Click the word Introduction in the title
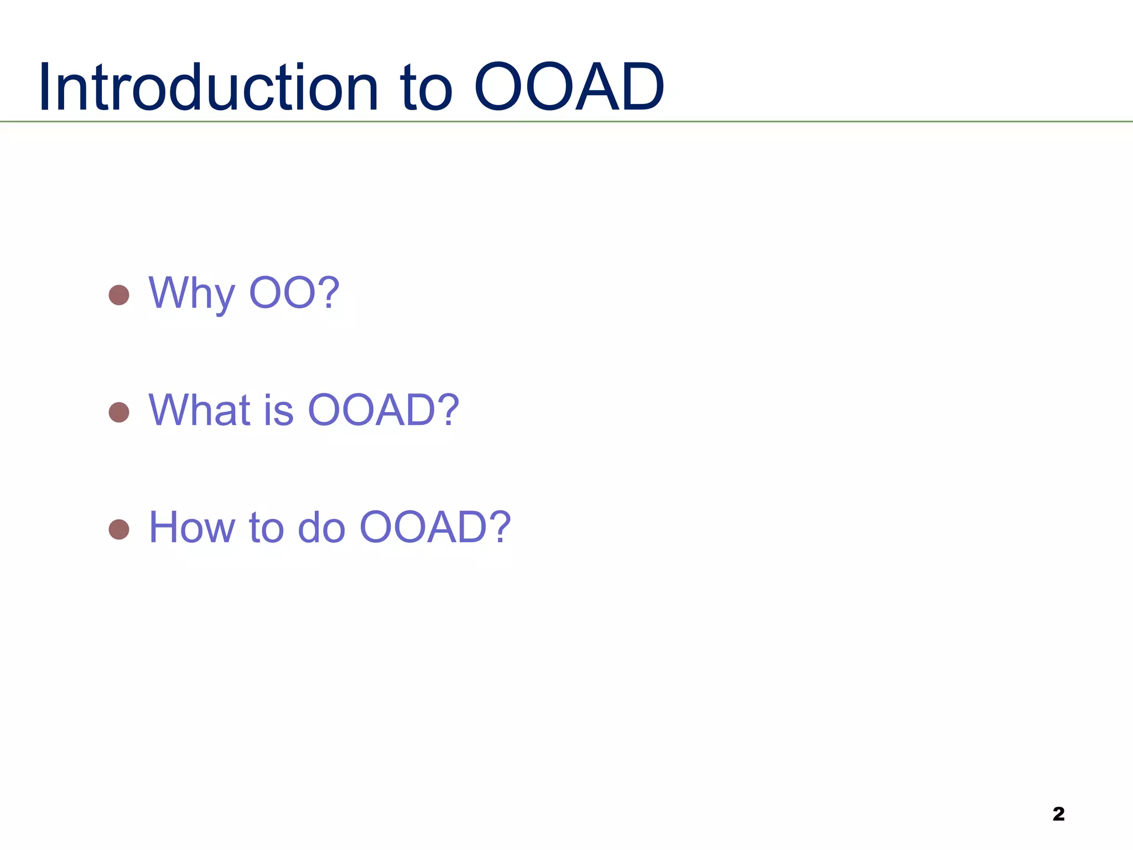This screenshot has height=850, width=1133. coord(208,86)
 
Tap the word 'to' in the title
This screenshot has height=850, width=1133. coord(426,89)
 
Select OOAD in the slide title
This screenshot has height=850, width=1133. coord(569,86)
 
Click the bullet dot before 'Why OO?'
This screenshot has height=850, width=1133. coord(119,295)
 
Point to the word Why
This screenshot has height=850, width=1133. coord(192,294)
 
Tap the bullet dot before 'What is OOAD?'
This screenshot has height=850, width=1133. coord(119,412)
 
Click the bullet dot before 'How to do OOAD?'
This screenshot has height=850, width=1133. coord(119,530)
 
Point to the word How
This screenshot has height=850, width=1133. coord(193,527)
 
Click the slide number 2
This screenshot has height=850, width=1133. coord(1058,814)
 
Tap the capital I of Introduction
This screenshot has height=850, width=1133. coord(45,86)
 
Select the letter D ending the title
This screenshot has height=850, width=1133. coord(642,86)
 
